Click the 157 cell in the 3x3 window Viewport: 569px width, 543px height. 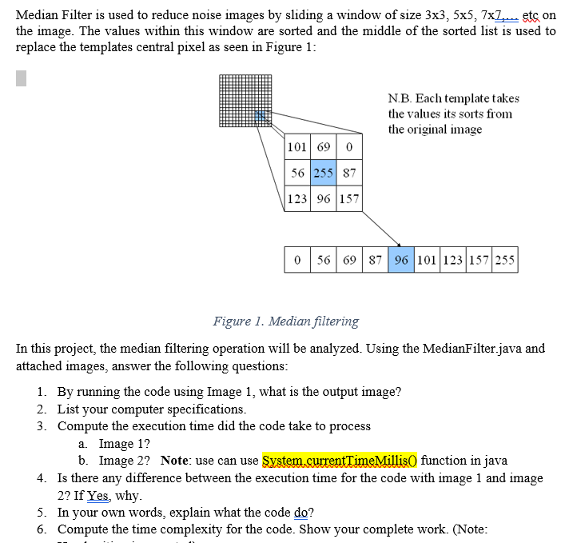click(349, 198)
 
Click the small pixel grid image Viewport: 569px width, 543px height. click(245, 100)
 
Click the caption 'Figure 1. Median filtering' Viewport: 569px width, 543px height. click(285, 321)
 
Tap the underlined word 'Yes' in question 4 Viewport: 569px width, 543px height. click(97, 495)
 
